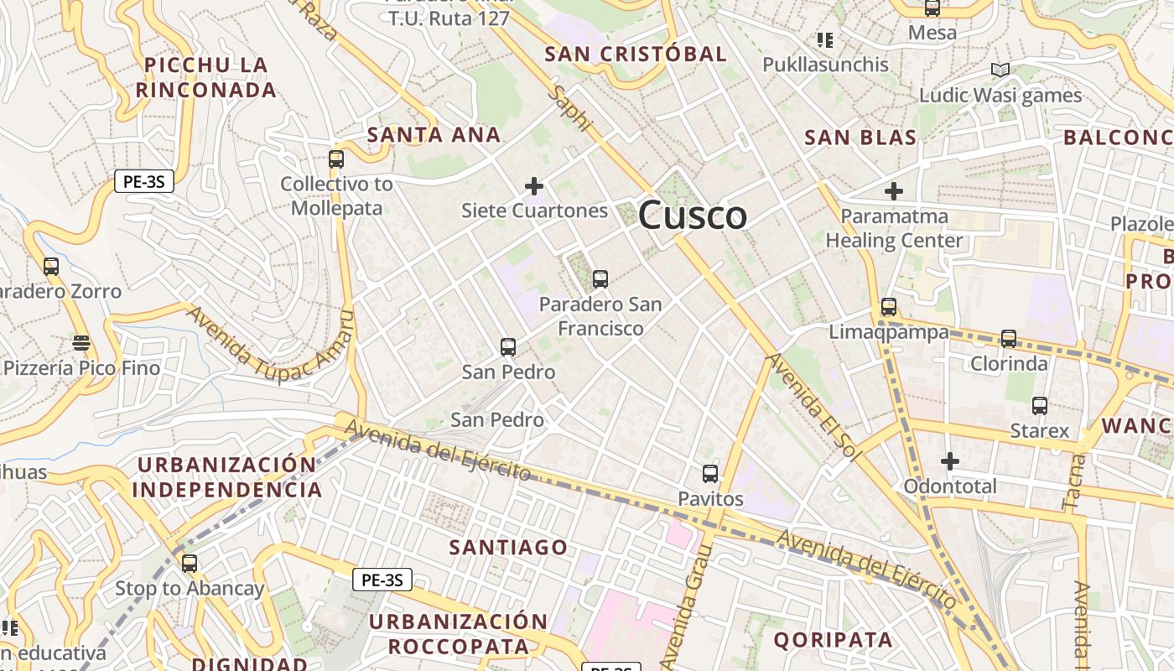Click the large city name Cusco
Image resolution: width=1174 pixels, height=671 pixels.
pos(693,216)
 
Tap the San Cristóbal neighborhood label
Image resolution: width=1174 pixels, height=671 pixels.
pos(636,55)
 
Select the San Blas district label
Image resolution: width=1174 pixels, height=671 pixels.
pos(860,138)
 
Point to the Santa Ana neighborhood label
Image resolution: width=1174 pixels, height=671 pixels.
pos(434,134)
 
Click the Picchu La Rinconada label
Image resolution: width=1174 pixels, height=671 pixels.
pos(206,77)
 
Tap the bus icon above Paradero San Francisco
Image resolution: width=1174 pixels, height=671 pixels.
pos(600,279)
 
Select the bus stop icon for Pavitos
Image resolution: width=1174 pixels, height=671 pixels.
pos(710,474)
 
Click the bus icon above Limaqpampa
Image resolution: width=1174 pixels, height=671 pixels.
pos(889,307)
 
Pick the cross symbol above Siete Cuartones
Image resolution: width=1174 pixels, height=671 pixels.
pos(534,185)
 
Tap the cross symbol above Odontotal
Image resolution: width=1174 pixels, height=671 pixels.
pos(950,461)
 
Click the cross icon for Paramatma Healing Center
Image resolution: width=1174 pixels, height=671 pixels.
pos(894,191)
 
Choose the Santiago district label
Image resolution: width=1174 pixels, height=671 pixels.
pos(508,548)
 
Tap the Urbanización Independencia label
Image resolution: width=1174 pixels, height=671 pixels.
pos(226,477)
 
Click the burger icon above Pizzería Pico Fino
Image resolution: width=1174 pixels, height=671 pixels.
pos(81,343)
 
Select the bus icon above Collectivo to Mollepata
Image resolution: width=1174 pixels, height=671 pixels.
pos(336,159)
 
